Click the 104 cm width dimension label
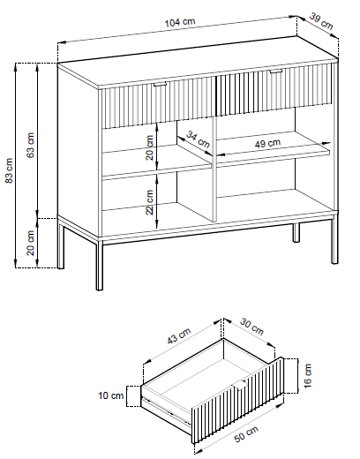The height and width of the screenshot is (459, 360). tap(179, 22)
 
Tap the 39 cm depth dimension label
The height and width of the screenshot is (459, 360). tap(321, 21)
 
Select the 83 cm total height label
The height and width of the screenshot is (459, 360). tap(10, 170)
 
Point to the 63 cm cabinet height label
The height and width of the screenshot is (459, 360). tap(31, 145)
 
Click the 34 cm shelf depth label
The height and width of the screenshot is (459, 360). tap(199, 139)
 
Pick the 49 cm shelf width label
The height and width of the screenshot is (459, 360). tap(267, 143)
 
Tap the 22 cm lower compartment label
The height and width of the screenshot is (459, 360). tap(149, 202)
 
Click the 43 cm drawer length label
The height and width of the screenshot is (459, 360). tap(179, 335)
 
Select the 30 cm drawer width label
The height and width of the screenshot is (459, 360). tap(251, 326)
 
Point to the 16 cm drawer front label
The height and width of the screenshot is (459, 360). tap(307, 376)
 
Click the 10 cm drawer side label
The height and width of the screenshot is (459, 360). tap(111, 395)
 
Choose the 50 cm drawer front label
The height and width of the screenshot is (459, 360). tap(246, 433)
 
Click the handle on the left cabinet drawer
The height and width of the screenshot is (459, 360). tap(160, 85)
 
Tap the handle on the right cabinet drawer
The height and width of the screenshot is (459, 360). tap(275, 71)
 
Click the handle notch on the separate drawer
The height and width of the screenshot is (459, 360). tap(241, 384)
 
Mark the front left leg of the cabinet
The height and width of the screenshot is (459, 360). tap(100, 265)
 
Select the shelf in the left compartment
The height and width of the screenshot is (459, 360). tap(157, 162)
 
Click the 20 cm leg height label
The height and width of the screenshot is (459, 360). tap(31, 243)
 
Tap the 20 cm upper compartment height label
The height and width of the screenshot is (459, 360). tap(149, 147)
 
